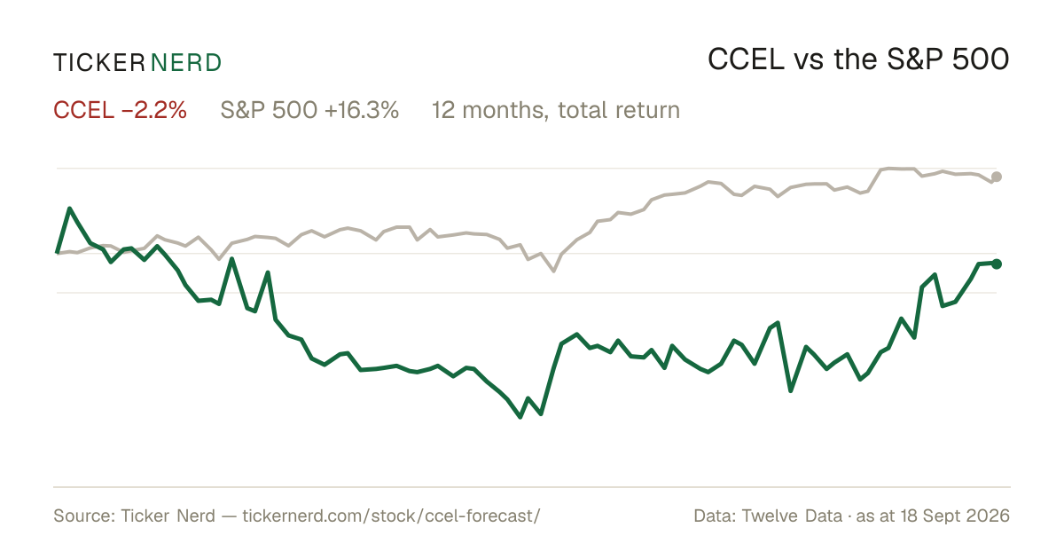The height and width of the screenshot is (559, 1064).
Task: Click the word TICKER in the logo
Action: tap(98, 63)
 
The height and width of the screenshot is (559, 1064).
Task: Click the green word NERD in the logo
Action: tap(185, 63)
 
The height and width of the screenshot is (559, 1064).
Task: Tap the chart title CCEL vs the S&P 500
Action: tap(858, 59)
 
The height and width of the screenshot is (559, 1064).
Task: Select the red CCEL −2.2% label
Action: tap(120, 110)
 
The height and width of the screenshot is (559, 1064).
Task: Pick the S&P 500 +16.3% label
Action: tap(309, 110)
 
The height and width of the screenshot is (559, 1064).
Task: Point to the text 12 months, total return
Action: tap(556, 110)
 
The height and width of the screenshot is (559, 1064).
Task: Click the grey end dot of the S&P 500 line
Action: tap(997, 177)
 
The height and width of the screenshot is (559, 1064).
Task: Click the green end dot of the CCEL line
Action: tap(997, 264)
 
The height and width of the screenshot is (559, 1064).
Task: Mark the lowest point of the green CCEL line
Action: tap(520, 417)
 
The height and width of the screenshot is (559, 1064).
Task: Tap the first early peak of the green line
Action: tap(70, 209)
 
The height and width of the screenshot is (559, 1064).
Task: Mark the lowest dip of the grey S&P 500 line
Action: tap(554, 271)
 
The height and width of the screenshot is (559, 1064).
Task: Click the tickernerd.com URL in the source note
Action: tap(391, 516)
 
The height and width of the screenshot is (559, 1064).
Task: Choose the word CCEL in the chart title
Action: tap(746, 59)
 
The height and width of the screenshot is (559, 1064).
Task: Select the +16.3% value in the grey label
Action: tap(362, 110)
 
